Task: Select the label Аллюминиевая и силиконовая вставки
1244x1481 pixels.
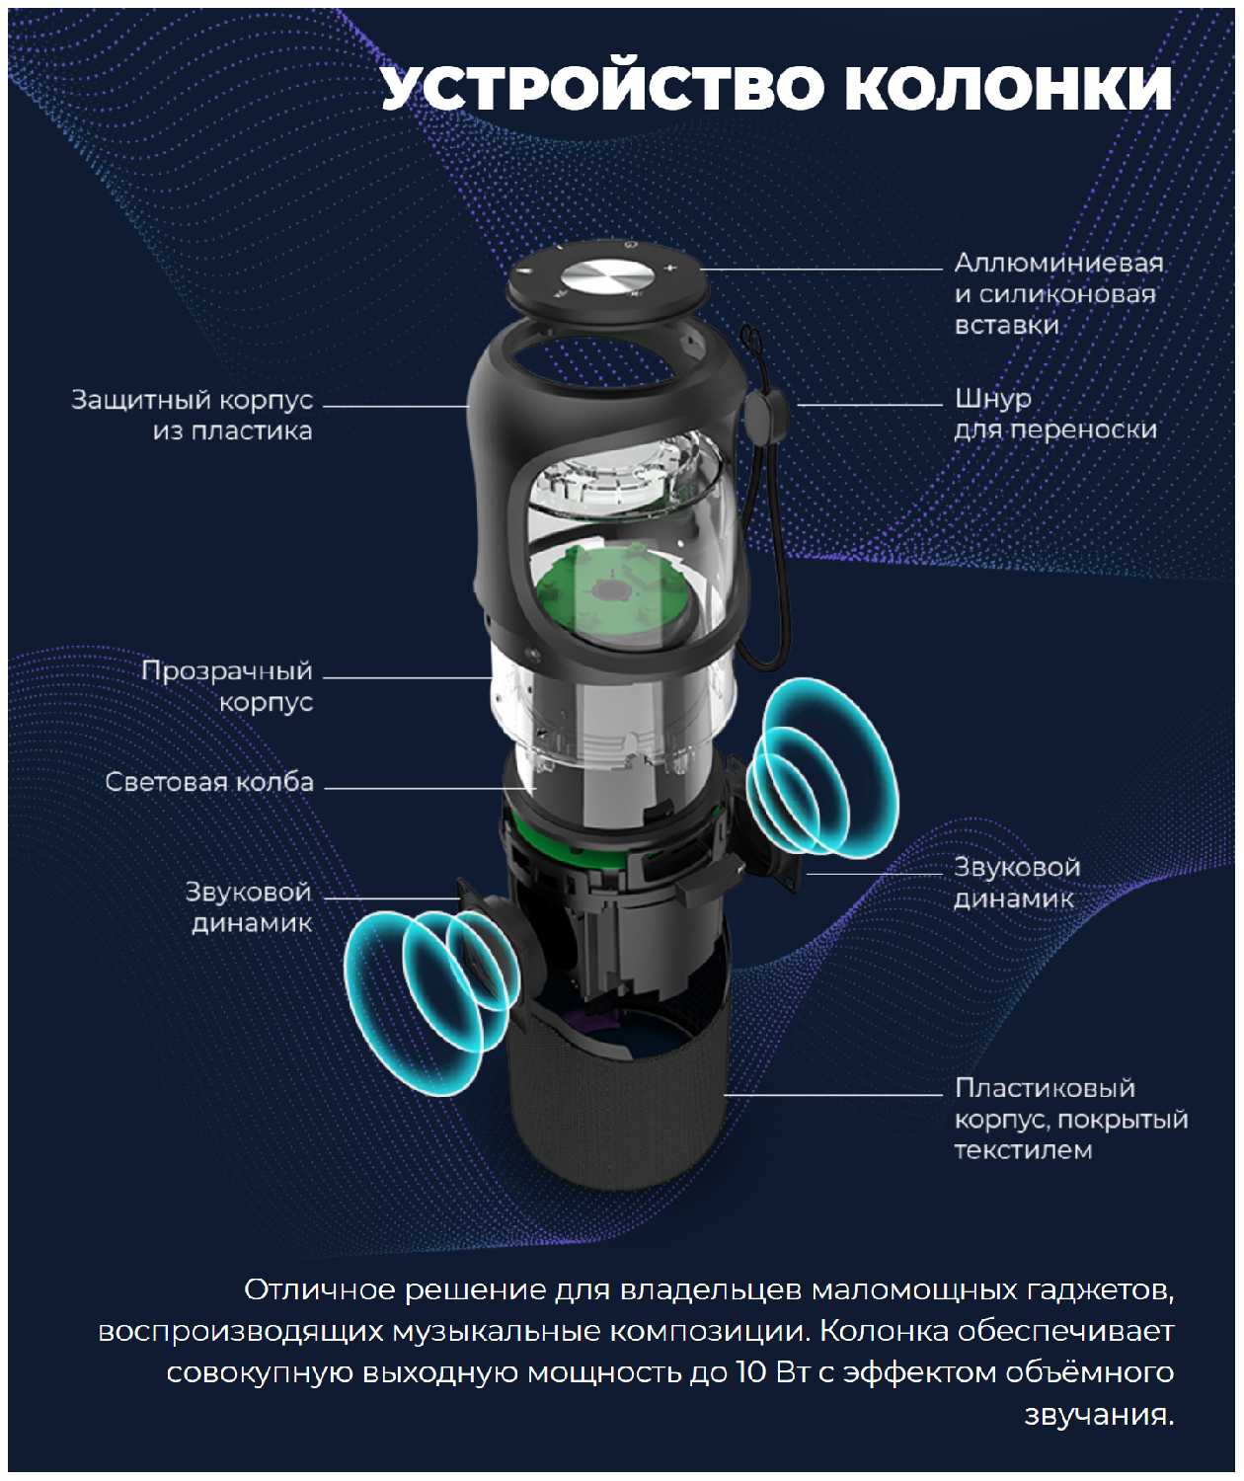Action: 1059,293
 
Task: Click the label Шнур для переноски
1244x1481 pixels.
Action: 1055,414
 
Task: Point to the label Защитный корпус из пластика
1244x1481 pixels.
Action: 193,415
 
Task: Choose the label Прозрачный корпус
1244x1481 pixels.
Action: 227,686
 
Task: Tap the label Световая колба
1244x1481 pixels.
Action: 209,782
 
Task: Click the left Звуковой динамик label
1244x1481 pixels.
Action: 249,907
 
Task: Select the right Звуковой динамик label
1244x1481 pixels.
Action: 1017,883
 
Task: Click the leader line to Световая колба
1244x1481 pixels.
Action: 430,787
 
